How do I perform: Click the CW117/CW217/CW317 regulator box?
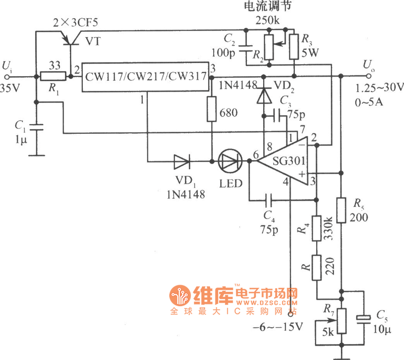click(x=144, y=78)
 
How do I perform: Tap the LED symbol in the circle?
click(x=229, y=162)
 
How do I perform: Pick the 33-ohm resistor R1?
click(x=53, y=77)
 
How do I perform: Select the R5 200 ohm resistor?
click(x=341, y=210)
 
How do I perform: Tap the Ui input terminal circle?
click(x=8, y=77)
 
